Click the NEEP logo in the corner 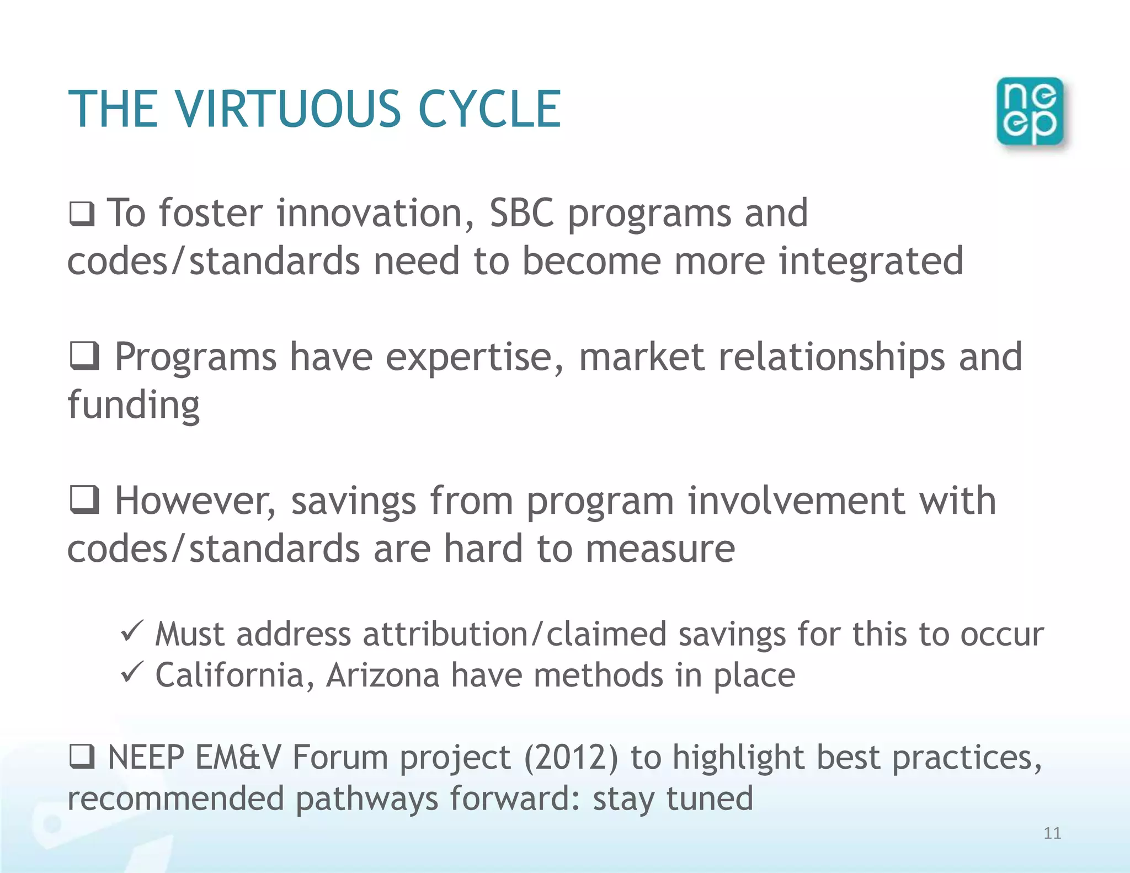pyautogui.click(x=1030, y=111)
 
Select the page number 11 pyautogui.click(x=1052, y=833)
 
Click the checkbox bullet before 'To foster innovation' pyautogui.click(x=82, y=214)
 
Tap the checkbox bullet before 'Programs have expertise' pyautogui.click(x=84, y=356)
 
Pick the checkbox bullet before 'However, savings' pyautogui.click(x=84, y=500)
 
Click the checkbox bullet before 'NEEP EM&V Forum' pyautogui.click(x=82, y=757)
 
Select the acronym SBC pyautogui.click(x=521, y=213)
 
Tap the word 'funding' pyautogui.click(x=134, y=406)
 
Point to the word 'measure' pyautogui.click(x=660, y=550)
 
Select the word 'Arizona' pyautogui.click(x=382, y=675)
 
